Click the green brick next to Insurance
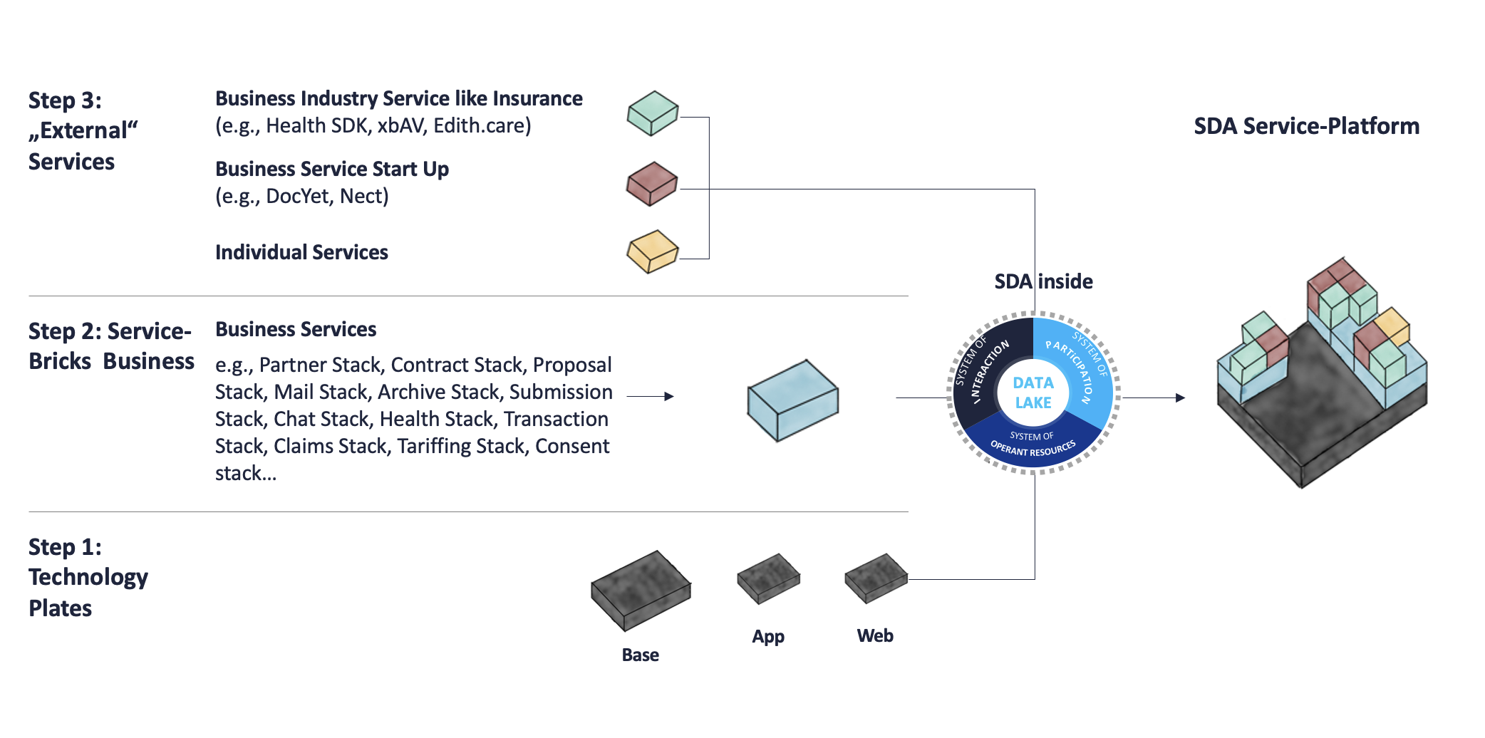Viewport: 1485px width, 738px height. (x=652, y=113)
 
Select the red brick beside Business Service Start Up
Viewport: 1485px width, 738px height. (x=651, y=184)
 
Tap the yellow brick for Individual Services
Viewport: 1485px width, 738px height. (x=652, y=251)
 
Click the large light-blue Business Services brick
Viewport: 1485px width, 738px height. (x=792, y=400)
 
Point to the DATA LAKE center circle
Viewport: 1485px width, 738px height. (x=1033, y=393)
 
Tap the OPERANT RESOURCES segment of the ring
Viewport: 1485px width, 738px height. (x=1033, y=445)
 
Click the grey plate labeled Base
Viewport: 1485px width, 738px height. (x=640, y=591)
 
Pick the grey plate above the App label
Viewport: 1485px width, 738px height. (x=768, y=578)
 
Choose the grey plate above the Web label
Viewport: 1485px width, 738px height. (x=876, y=578)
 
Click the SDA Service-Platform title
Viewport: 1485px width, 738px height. (x=1306, y=126)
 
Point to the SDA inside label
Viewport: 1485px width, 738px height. (x=1043, y=281)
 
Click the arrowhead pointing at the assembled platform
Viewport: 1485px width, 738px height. (x=1180, y=397)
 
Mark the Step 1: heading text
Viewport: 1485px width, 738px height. (x=65, y=547)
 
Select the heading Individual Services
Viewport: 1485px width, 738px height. (x=301, y=252)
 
